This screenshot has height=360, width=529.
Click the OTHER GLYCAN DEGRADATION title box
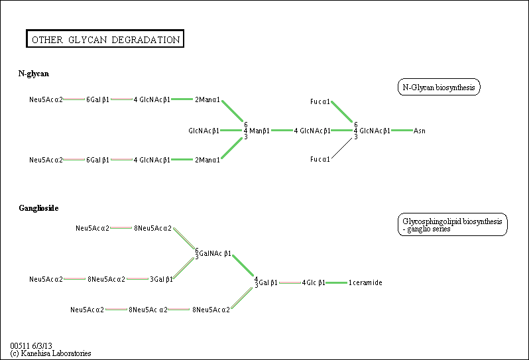pyautogui.click(x=105, y=39)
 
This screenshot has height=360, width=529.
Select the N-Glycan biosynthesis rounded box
pyautogui.click(x=439, y=87)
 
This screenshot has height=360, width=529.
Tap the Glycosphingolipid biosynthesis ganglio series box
pyautogui.click(x=452, y=224)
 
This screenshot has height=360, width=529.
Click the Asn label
pyautogui.click(x=420, y=131)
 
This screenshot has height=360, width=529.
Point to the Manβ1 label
pyautogui.click(x=259, y=131)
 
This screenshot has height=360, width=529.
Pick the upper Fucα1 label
pyautogui.click(x=320, y=101)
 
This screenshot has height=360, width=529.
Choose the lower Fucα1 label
pyautogui.click(x=320, y=159)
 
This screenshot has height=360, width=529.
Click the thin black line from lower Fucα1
pyautogui.click(x=342, y=148)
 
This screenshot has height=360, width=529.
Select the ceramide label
pyautogui.click(x=365, y=282)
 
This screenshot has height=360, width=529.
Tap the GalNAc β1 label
pyautogui.click(x=215, y=253)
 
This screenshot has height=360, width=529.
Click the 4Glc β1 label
pyautogui.click(x=314, y=282)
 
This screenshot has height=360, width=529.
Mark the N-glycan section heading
pyautogui.click(x=33, y=74)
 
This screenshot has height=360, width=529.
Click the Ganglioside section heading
pyautogui.click(x=38, y=208)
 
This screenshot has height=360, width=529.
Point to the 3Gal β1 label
pyautogui.click(x=161, y=279)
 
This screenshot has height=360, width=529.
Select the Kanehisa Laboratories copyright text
pyautogui.click(x=50, y=353)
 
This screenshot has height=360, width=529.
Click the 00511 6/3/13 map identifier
pyautogui.click(x=31, y=345)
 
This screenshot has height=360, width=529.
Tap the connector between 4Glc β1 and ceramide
pyautogui.click(x=336, y=282)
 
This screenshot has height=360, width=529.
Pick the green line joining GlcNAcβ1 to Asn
pyautogui.click(x=402, y=130)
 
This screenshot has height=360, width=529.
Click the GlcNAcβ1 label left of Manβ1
pyautogui.click(x=204, y=131)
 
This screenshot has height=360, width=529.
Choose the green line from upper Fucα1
pyautogui.click(x=342, y=111)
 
